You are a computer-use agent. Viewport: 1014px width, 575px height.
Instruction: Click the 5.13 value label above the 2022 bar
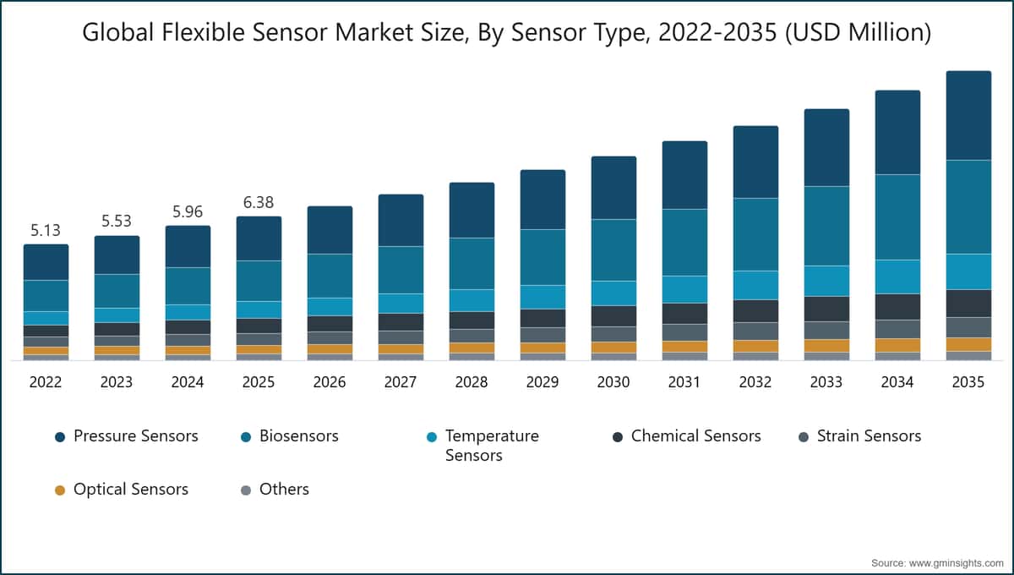(46, 230)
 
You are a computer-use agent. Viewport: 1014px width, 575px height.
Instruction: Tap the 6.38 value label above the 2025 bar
(259, 202)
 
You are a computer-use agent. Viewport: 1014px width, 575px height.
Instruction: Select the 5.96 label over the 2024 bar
(188, 211)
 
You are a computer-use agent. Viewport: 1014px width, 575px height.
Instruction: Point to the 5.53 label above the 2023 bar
(117, 222)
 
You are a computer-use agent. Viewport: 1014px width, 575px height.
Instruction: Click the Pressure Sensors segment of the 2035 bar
(968, 116)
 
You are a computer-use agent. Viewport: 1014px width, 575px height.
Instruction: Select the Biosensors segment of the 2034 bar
(897, 216)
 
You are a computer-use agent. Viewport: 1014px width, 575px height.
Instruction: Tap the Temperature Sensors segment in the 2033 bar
(826, 281)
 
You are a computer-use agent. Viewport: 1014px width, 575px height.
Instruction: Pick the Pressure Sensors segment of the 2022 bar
(46, 262)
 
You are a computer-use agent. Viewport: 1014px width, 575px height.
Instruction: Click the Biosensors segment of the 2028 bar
(472, 263)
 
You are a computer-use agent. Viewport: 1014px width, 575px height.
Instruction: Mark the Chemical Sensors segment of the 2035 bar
(968, 303)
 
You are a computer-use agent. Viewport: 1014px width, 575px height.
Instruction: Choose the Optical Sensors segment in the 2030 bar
(613, 347)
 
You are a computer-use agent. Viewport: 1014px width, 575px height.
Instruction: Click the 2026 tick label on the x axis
(330, 382)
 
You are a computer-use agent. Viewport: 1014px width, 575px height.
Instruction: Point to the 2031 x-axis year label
(684, 382)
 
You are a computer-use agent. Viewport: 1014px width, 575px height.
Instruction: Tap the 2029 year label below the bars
(542, 382)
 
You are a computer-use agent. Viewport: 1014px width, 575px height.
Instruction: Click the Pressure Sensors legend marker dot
(59, 437)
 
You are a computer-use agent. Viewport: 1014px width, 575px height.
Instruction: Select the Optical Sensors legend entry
(130, 490)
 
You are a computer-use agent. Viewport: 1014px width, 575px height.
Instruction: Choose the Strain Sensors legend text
(869, 436)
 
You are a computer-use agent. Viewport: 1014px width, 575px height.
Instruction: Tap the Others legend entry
(284, 490)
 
